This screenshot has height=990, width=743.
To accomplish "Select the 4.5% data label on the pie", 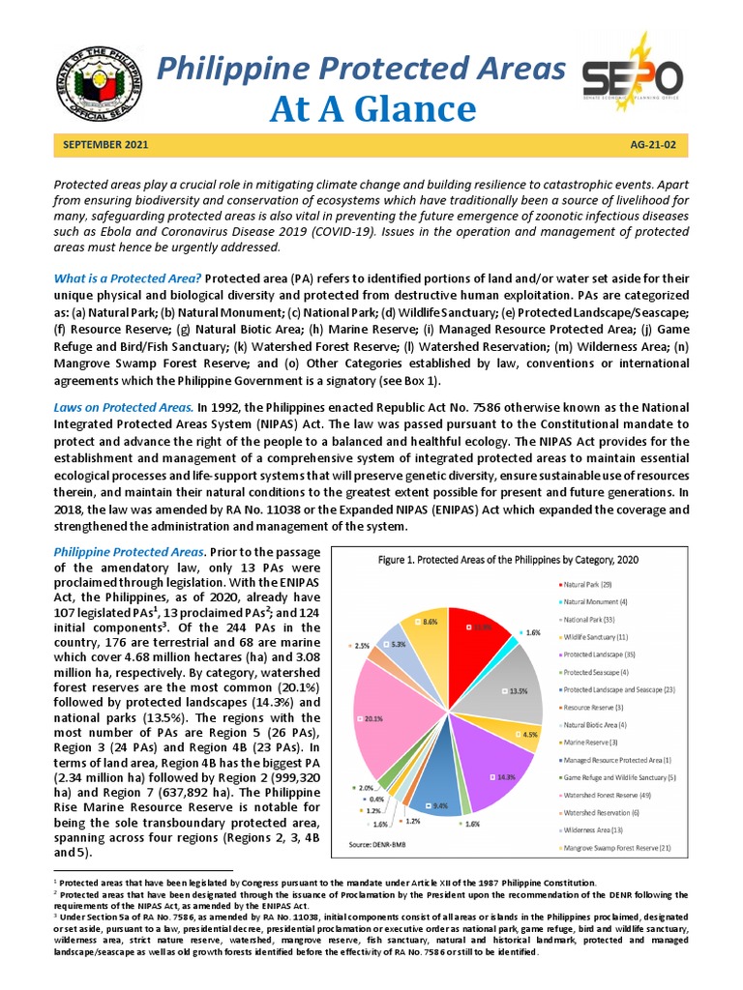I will click(530, 734).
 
